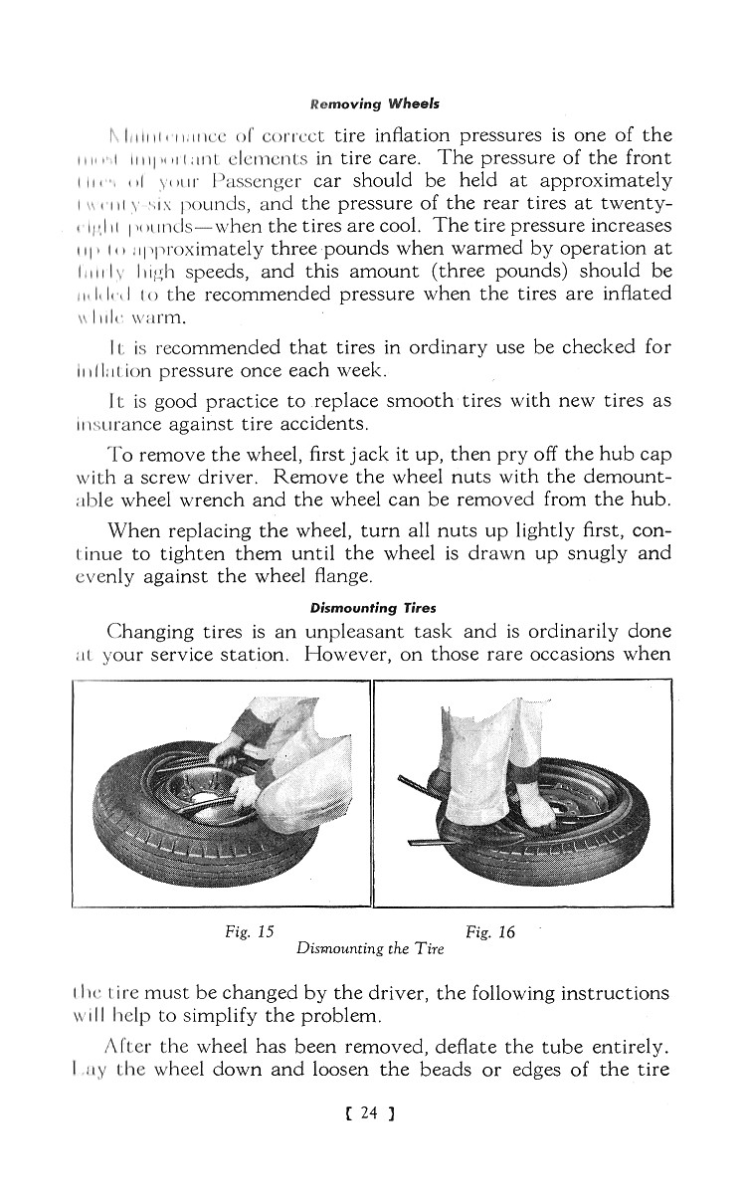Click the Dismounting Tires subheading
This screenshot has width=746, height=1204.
point(373,608)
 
